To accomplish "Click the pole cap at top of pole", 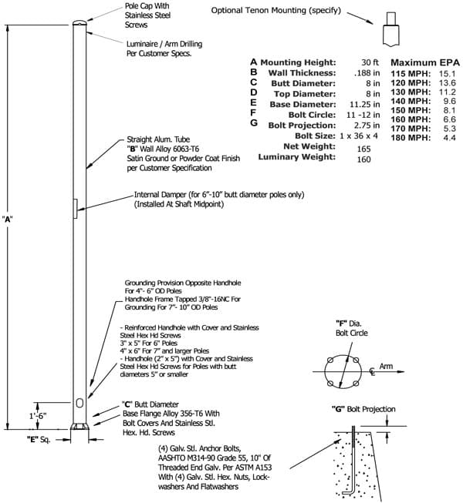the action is click(79, 23).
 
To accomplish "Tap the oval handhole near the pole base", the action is click(79, 403).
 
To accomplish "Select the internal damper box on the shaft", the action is click(76, 209).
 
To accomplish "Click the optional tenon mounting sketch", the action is click(391, 29).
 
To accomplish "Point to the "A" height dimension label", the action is click(7, 220).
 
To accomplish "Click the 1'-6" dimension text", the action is click(38, 416).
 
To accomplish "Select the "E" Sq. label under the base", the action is click(39, 439).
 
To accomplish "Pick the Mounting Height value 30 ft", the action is click(370, 62).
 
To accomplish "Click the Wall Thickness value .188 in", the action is click(367, 73).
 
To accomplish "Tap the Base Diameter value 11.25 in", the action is click(365, 104).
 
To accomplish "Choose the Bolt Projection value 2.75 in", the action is click(367, 125).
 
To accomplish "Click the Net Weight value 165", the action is click(363, 149).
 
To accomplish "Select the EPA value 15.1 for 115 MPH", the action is click(448, 73).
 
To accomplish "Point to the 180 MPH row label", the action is click(411, 138).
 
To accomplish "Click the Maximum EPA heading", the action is click(425, 62).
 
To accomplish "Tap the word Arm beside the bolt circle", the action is click(386, 366).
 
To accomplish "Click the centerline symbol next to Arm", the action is click(372, 372).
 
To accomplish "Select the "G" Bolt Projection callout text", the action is click(363, 409).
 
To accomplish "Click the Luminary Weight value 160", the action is click(363, 159).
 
